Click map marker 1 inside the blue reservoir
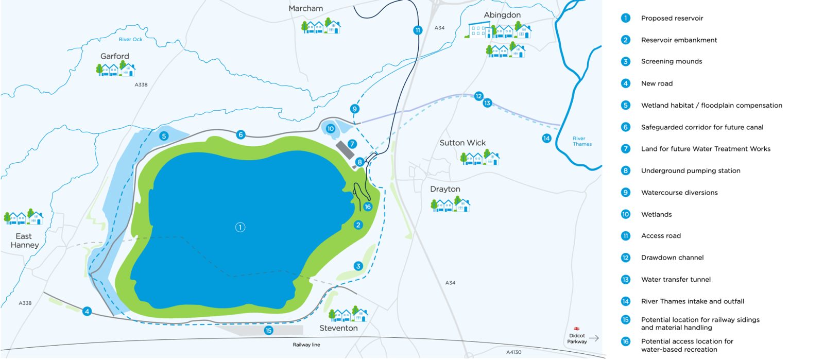point(240,227)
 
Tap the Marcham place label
point(306,9)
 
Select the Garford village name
point(115,56)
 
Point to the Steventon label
point(338,328)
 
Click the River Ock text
point(130,40)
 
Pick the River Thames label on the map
point(582,141)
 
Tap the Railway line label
point(306,345)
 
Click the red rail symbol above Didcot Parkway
point(577,328)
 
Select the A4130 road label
point(513,352)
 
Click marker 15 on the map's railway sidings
point(268,331)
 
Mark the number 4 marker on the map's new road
point(87,311)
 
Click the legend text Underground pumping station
point(690,171)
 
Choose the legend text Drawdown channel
point(672,258)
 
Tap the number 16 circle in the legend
point(626,341)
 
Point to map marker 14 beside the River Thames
point(546,138)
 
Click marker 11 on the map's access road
point(418,30)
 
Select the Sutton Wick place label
point(462,143)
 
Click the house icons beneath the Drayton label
point(451,205)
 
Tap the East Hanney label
point(24,241)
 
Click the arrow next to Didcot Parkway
point(594,338)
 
